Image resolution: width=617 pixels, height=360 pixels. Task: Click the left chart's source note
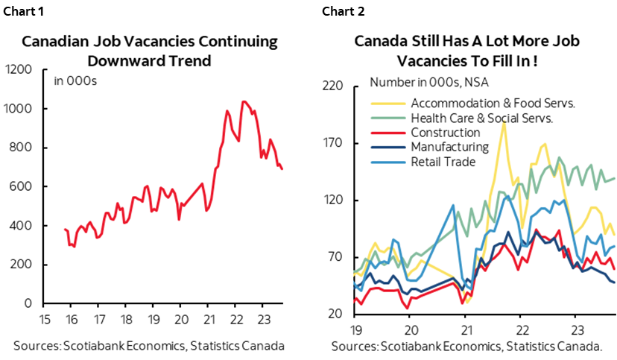tap(149, 346)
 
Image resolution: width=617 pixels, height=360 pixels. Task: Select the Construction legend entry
tap(446, 133)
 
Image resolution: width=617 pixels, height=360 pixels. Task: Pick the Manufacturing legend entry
tap(449, 147)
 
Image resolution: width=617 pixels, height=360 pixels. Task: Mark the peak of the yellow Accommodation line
tap(504, 123)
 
